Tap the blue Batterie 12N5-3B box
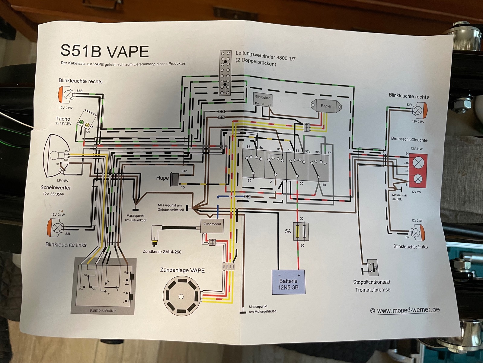(288, 282)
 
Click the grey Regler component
(326, 106)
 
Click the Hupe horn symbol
(175, 178)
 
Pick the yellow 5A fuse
(298, 232)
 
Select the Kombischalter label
(103, 310)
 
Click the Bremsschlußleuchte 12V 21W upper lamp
(418, 162)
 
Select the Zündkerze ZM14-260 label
(162, 252)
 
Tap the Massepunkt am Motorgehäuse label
(262, 309)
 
